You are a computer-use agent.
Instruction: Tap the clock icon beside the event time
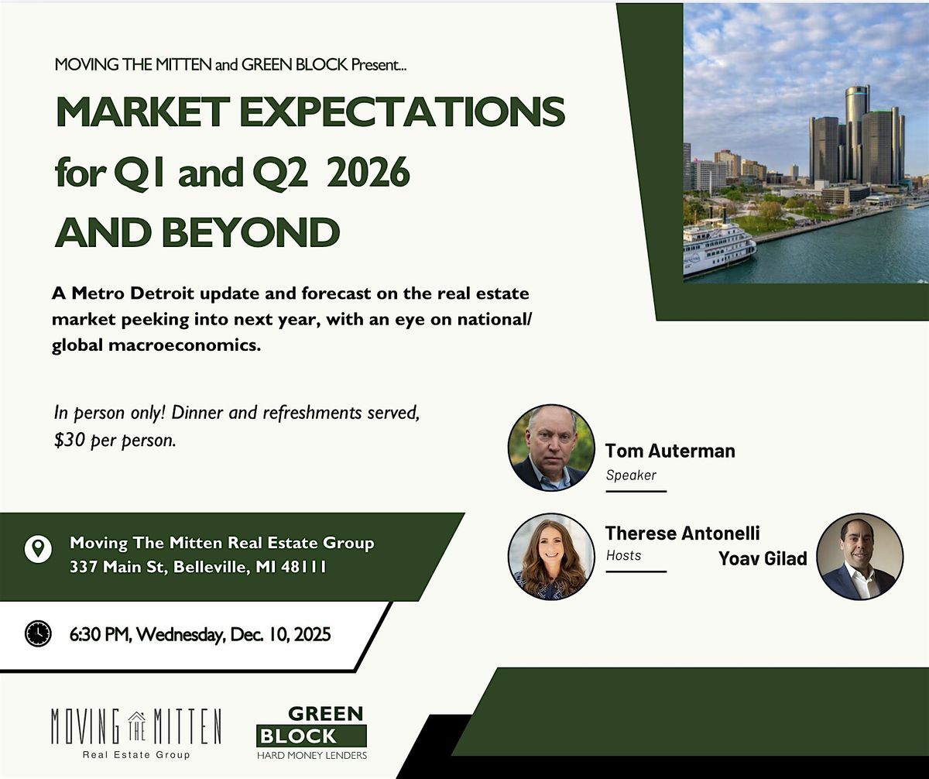click(x=38, y=633)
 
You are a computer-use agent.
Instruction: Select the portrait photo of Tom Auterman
click(x=551, y=448)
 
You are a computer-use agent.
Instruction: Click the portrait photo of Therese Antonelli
click(x=551, y=557)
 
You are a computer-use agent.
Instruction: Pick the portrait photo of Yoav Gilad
click(x=860, y=557)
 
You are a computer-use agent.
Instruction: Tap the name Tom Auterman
click(x=670, y=451)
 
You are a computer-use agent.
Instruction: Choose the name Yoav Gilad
click(x=763, y=558)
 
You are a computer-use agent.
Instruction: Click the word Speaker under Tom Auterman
click(x=631, y=475)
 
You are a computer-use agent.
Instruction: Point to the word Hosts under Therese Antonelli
click(x=624, y=554)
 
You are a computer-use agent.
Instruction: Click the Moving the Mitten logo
click(x=135, y=732)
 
